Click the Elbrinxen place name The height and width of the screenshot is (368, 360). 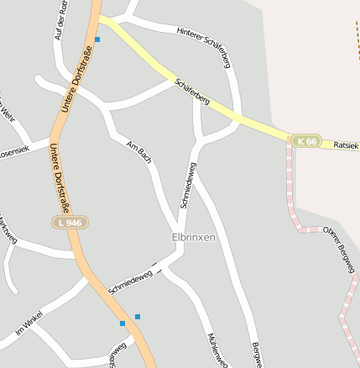pyautogui.click(x=193, y=237)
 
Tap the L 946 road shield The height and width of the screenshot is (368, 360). pyautogui.click(x=70, y=222)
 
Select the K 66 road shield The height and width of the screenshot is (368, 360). pyautogui.click(x=306, y=141)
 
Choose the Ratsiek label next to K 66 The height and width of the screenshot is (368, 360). pyautogui.click(x=346, y=145)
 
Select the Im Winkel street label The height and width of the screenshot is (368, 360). pyautogui.click(x=29, y=323)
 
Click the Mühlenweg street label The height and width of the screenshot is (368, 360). pyautogui.click(x=217, y=349)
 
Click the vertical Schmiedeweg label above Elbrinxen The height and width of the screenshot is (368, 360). pyautogui.click(x=188, y=185)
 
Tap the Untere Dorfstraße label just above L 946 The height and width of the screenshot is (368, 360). pyautogui.click(x=59, y=178)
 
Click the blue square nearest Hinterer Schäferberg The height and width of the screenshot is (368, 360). pyautogui.click(x=97, y=39)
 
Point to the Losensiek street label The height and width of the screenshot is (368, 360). pyautogui.click(x=13, y=152)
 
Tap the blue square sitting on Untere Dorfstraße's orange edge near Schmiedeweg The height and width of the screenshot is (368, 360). pyautogui.click(x=123, y=323)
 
